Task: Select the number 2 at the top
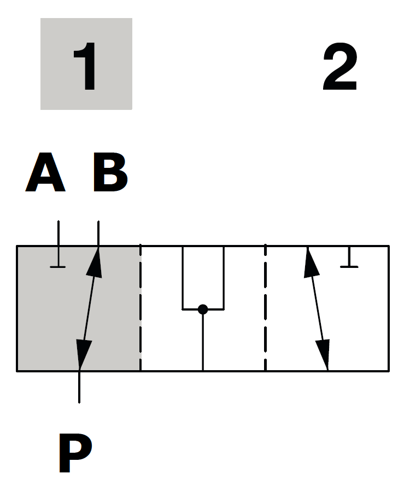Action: tap(339, 68)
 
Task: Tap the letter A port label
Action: tap(45, 173)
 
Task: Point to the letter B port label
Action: tap(110, 173)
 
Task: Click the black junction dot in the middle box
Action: tap(203, 309)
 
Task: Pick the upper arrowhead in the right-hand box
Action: tap(311, 262)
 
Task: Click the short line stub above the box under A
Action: tap(58, 233)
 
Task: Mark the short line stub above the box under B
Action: tap(98, 233)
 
